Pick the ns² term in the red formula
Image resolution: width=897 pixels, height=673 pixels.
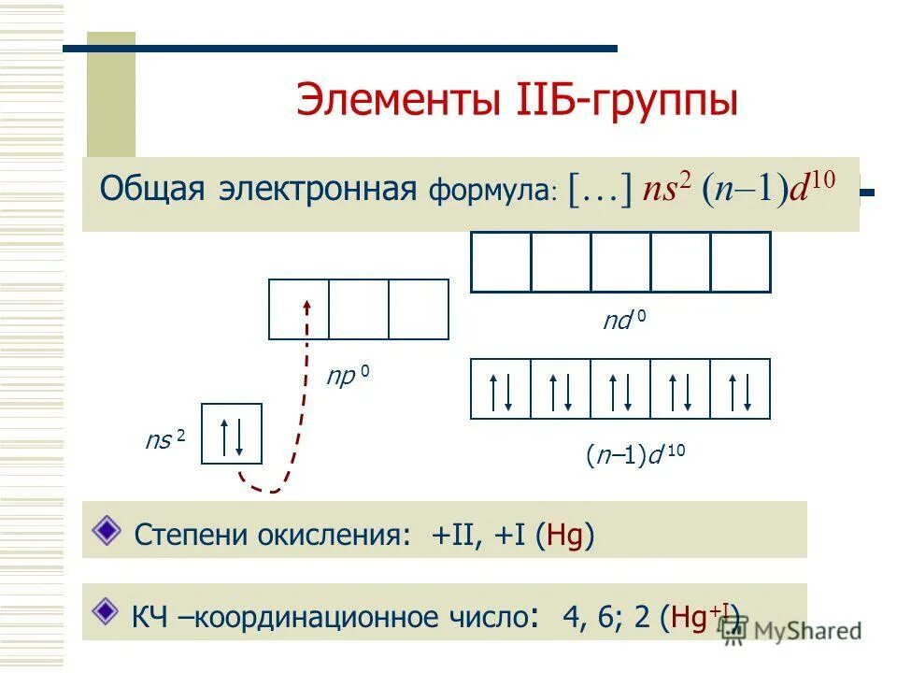click(668, 189)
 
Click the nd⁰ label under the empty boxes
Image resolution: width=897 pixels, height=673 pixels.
click(623, 322)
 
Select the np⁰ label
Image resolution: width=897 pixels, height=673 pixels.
click(347, 377)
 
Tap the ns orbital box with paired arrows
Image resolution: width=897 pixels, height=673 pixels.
click(232, 434)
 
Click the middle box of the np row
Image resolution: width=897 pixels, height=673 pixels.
click(359, 308)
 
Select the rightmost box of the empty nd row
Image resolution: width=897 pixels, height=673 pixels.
click(740, 262)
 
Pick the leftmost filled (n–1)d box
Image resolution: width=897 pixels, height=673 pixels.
click(501, 388)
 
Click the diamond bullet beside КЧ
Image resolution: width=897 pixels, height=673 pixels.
click(108, 610)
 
